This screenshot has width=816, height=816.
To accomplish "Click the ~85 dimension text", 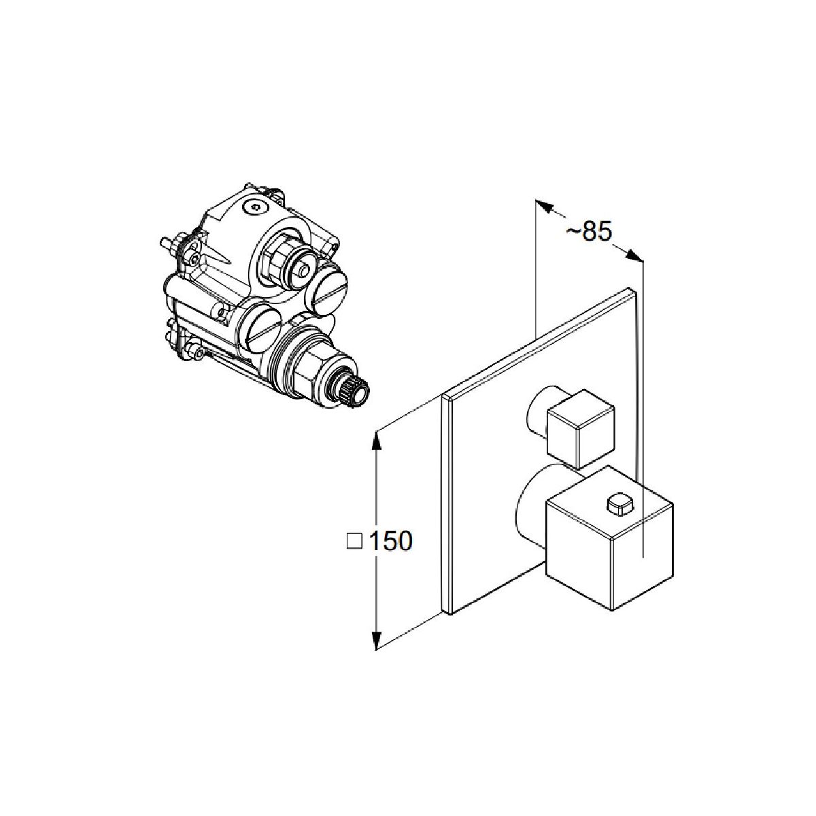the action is pos(589,232).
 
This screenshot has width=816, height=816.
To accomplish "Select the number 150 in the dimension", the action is pos(391,541).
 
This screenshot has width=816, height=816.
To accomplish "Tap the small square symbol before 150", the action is pos(354,541).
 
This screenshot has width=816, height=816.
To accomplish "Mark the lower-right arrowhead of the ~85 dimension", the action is pos(634,256).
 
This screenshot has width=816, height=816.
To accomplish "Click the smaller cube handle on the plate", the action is pos(580,428).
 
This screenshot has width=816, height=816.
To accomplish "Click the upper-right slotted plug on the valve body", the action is pos(328,288).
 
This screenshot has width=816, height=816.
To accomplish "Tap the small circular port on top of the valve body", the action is pos(255,207).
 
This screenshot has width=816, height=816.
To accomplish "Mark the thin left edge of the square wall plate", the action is pos(446,504).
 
